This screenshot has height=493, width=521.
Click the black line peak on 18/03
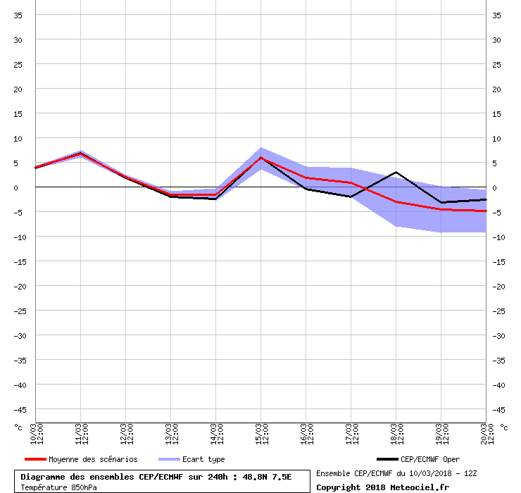click(x=396, y=172)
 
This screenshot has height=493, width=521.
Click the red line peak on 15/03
click(x=261, y=158)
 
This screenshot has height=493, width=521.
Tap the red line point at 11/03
click(x=81, y=154)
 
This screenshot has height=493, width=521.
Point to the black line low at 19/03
click(x=441, y=203)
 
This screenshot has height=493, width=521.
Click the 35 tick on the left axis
click(x=20, y=15)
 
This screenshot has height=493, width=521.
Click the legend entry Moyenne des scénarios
click(x=93, y=459)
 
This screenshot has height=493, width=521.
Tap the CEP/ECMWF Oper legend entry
click(x=429, y=459)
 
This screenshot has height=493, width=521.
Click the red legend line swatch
click(x=34, y=459)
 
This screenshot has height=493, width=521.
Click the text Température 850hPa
click(x=59, y=487)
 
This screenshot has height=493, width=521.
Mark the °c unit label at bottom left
click(x=19, y=427)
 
